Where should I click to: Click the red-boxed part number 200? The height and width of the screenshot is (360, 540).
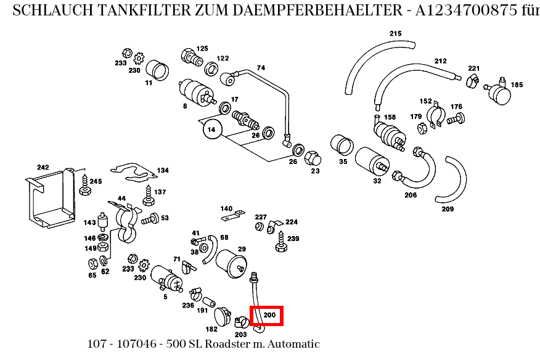coord(266,316)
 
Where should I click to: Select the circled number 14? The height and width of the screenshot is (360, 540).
coord(211,129)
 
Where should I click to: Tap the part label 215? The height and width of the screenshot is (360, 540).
coord(395,33)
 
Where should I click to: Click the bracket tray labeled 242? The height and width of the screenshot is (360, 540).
coord(49,197)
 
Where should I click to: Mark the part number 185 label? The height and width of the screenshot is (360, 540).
coord(517,84)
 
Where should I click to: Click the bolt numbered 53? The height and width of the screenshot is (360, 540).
coord(150,219)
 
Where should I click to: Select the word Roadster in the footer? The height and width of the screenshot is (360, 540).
coord(226,344)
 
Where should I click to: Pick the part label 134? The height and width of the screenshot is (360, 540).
coord(162,170)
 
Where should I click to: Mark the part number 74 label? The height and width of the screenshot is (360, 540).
coord(261,68)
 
